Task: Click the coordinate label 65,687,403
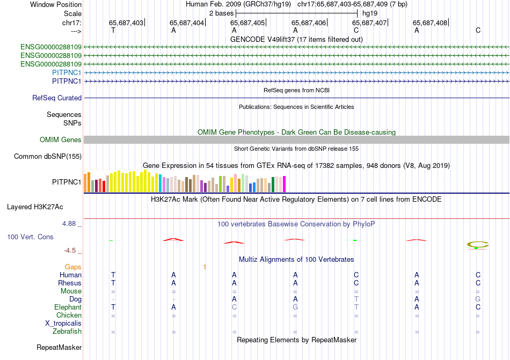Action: tap(126, 23)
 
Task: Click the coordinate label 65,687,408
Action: tap(430, 23)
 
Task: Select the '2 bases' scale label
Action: tap(221, 13)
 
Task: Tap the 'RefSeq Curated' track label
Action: tap(57, 98)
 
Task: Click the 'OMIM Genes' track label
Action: tap(61, 140)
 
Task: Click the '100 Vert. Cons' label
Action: tap(30, 237)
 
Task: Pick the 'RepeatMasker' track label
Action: tap(59, 348)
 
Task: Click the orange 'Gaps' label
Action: tap(73, 267)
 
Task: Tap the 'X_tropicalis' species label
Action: tap(63, 324)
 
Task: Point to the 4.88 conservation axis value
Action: tap(71, 224)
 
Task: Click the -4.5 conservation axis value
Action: tap(73, 251)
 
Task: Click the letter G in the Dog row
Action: tap(478, 299)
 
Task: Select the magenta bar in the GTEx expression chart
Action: tap(285, 184)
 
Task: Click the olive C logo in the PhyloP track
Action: tap(477, 245)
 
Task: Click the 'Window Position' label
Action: tap(56, 4)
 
